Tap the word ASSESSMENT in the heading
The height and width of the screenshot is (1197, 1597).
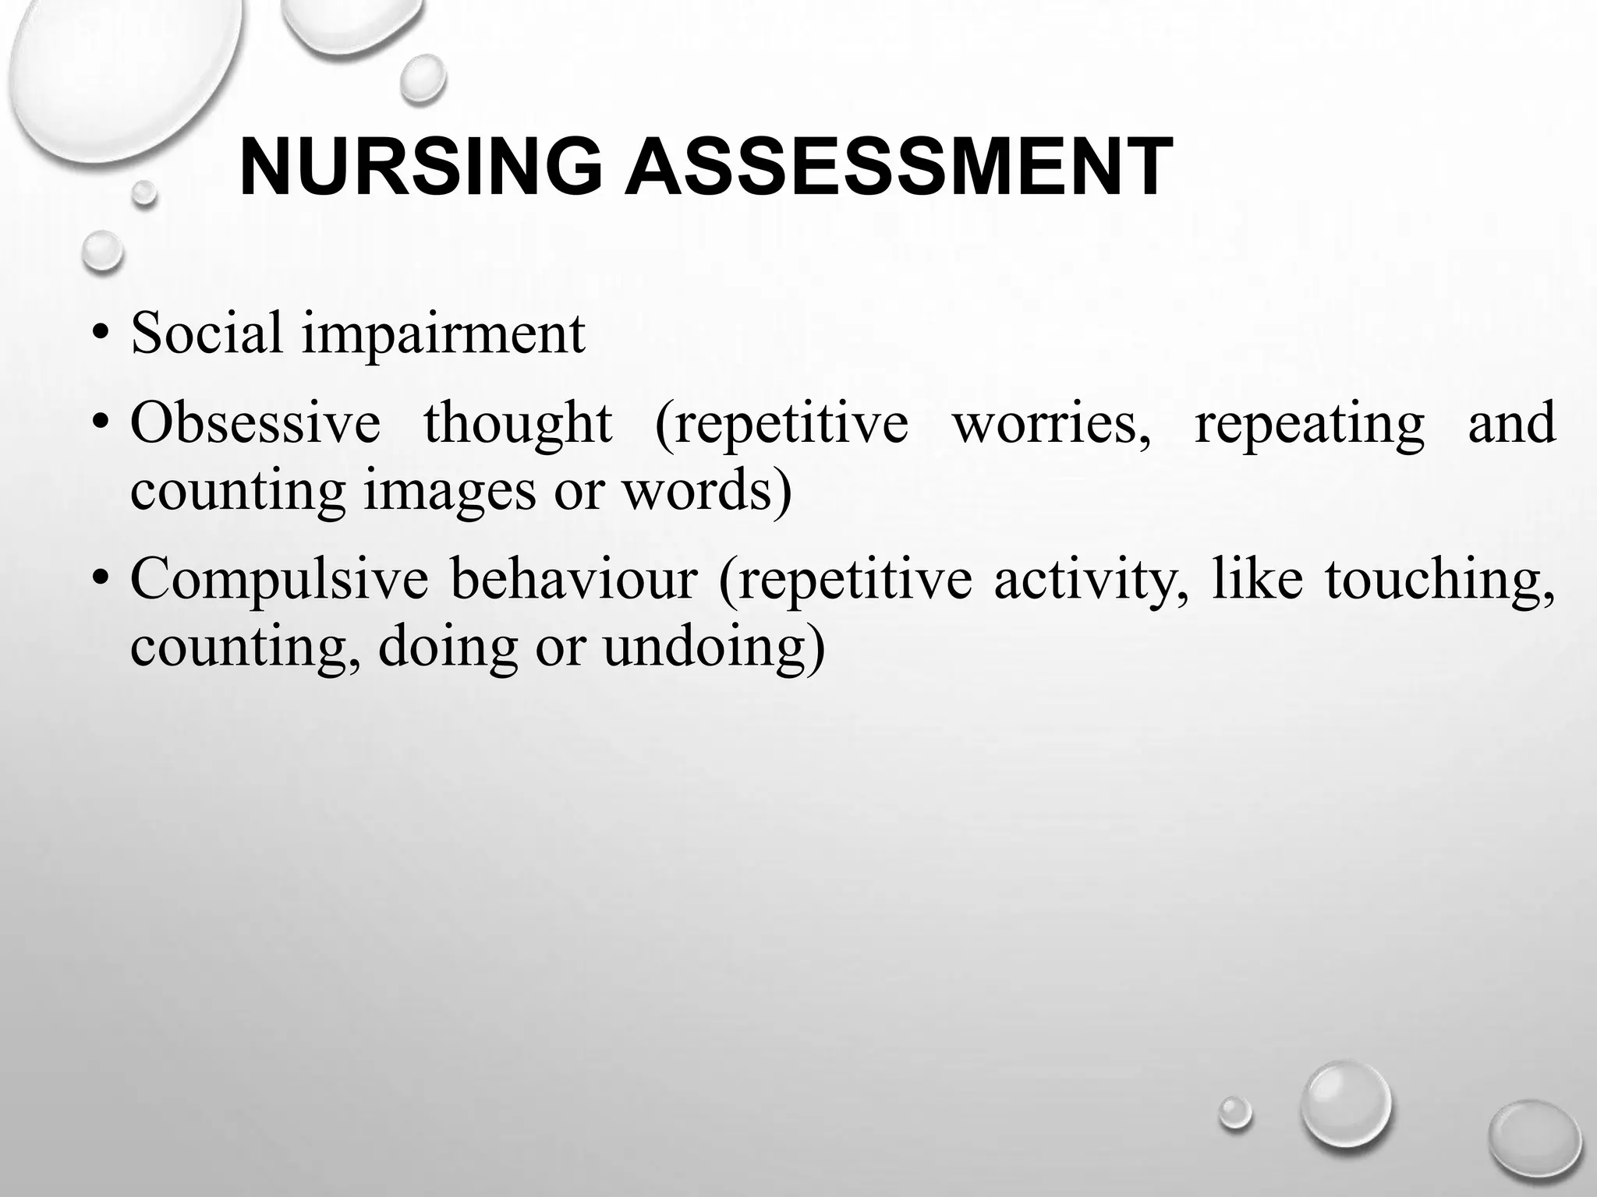(x=899, y=168)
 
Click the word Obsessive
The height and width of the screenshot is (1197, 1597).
(x=255, y=423)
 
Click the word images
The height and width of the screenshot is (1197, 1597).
(x=450, y=493)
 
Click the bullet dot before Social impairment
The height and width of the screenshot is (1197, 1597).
(x=99, y=336)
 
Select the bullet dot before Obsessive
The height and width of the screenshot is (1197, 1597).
(x=99, y=425)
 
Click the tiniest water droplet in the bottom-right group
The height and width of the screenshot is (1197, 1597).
(x=1234, y=1111)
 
